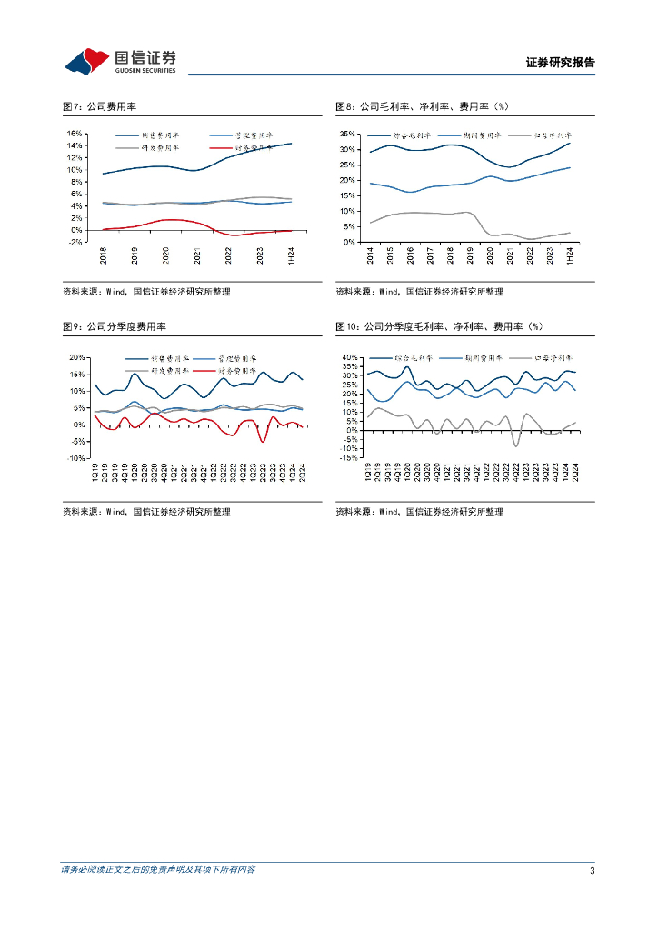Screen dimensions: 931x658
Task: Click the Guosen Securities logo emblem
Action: coord(87,62)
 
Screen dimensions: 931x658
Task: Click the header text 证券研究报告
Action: coord(560,63)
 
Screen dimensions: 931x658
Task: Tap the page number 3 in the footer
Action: coord(592,870)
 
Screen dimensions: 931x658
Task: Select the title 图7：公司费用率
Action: coord(106,107)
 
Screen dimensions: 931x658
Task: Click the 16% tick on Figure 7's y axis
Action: coord(75,133)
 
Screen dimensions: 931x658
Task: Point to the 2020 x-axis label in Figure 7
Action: coord(166,257)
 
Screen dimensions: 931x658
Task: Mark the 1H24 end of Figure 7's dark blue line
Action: coord(292,144)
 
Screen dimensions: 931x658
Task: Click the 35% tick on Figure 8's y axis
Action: coord(346,133)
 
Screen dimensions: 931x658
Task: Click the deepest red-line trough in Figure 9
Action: coord(264,442)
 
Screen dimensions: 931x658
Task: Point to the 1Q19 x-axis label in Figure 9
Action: coord(95,474)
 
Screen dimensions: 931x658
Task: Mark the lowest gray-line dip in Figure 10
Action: coord(516,445)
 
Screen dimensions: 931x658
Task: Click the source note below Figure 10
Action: coord(419,512)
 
